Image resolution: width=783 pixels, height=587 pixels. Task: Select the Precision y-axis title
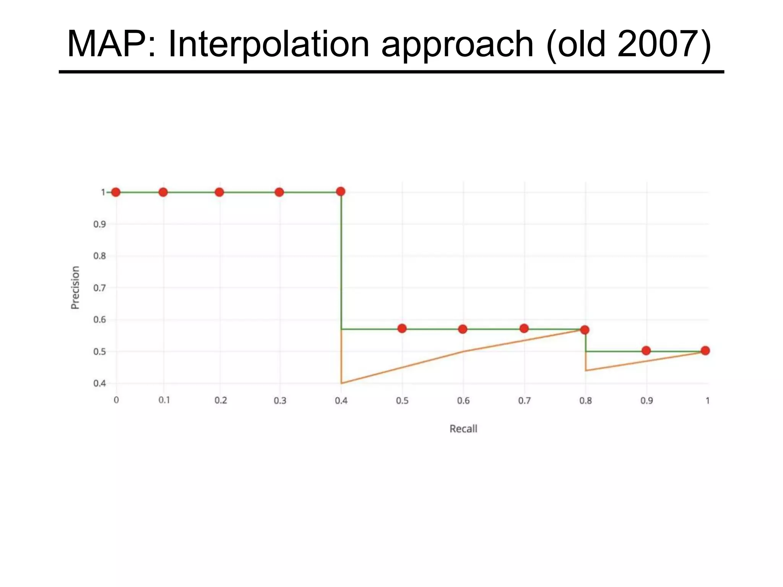[75, 287]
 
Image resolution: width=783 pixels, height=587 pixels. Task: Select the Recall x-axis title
[463, 429]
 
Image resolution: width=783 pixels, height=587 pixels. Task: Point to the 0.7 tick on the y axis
[99, 288]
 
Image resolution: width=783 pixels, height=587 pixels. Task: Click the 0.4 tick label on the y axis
[99, 383]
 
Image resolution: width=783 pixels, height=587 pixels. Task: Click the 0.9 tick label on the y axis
[99, 224]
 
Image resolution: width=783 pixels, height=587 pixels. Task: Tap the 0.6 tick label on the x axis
[463, 401]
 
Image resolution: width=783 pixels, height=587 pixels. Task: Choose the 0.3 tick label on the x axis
[280, 401]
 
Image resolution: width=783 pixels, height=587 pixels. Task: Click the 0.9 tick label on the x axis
[647, 401]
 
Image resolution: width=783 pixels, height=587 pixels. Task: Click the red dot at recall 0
[116, 192]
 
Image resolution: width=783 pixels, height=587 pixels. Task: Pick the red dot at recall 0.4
[341, 191]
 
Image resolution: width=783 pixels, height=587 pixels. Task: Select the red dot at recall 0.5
[402, 328]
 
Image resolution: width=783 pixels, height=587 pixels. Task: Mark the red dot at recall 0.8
[585, 330]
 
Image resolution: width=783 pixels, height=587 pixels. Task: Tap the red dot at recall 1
[705, 350]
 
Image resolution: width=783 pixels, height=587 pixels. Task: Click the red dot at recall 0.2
[219, 192]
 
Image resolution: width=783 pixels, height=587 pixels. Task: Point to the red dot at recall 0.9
[646, 350]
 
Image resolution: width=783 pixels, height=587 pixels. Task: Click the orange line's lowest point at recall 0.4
[341, 383]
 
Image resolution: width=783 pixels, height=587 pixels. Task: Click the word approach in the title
[457, 44]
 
